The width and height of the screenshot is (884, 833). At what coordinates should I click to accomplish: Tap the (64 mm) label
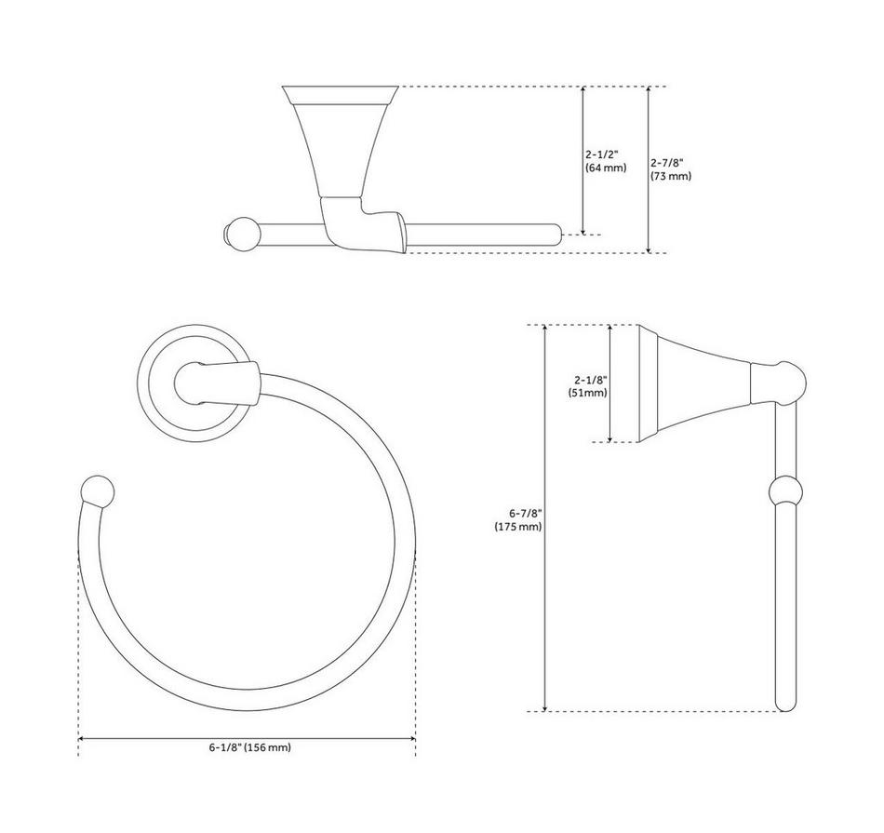click(x=606, y=168)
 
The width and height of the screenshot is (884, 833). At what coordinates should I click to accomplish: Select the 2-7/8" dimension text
click(x=667, y=163)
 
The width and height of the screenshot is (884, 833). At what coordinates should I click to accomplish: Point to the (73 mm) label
click(x=671, y=176)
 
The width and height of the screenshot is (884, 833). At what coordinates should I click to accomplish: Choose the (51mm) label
click(x=588, y=393)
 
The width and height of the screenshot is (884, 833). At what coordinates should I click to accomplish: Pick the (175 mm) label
click(x=518, y=527)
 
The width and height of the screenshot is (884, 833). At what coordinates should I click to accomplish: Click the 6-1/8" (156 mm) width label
click(x=250, y=748)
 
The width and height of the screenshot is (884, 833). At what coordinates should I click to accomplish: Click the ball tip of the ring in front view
click(x=98, y=491)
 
